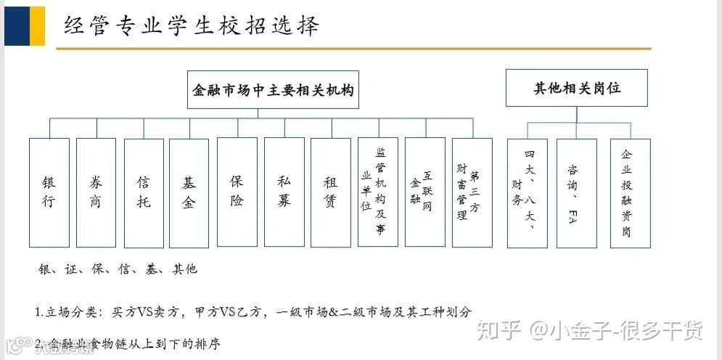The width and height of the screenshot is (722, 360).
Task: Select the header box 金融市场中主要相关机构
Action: pos(273,89)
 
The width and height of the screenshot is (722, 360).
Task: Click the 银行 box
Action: pos(49,192)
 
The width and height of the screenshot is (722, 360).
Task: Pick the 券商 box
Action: pos(96,192)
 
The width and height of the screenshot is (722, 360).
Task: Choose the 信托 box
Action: pos(144,192)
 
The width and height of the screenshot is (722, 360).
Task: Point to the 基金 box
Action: pos(189,192)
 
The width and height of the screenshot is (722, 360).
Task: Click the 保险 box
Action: pos(237,192)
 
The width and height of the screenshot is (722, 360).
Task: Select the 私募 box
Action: pos(284,192)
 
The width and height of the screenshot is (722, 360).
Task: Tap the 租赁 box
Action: pos(331,192)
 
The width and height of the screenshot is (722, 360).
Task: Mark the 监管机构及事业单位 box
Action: pos(377,192)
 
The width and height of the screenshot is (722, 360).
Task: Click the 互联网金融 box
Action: pos(424,192)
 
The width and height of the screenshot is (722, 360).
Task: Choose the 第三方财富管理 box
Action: pos(472,192)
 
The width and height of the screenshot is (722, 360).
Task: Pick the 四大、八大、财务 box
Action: pos(527,193)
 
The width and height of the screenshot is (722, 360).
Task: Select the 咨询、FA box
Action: pos(576,193)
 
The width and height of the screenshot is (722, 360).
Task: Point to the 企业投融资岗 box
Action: pos(629,193)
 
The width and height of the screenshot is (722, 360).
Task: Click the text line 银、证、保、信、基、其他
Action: pos(118,269)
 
